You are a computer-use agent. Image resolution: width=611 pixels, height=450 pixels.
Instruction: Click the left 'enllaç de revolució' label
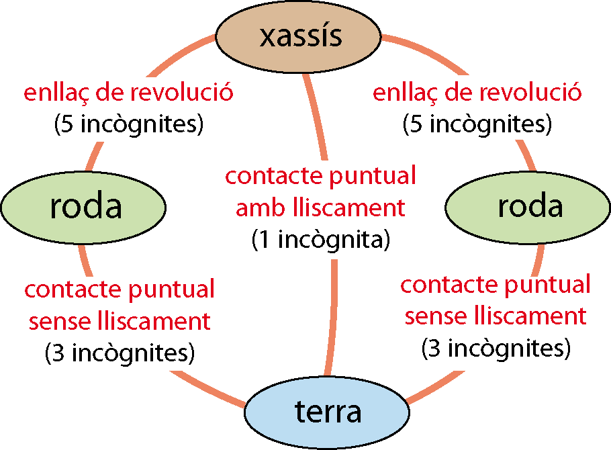[128, 92]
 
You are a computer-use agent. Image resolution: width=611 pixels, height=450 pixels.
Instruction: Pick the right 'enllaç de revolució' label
[477, 92]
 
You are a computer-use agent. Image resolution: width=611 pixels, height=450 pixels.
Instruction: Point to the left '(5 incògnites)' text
[128, 124]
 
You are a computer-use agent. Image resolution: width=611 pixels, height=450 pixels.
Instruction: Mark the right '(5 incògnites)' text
[477, 124]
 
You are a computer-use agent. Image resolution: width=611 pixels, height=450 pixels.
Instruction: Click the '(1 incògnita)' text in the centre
[321, 240]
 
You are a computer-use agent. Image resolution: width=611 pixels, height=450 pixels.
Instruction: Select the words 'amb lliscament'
[321, 208]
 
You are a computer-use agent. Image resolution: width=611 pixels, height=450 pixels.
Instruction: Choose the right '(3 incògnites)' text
[496, 348]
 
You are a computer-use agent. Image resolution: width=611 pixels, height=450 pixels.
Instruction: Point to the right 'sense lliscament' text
[496, 316]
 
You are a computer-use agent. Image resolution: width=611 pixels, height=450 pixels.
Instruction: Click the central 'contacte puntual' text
[321, 176]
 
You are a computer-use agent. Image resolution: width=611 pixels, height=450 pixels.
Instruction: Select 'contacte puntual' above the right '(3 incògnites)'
[496, 284]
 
